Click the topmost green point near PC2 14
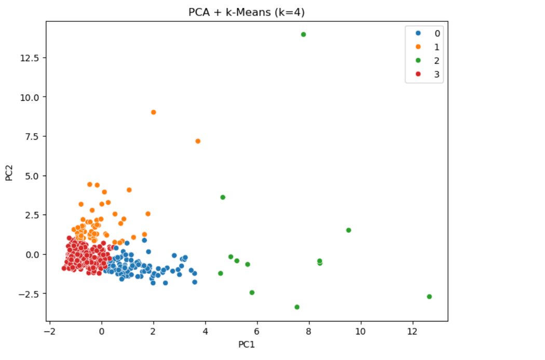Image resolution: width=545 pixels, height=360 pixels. pos(303,35)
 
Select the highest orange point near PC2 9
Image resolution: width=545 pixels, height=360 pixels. pos(153,112)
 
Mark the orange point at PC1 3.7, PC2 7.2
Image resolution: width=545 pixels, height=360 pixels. pos(198,141)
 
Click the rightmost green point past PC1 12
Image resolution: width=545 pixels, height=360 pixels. pos(429,297)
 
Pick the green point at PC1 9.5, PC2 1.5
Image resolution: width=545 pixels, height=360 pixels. pos(348,230)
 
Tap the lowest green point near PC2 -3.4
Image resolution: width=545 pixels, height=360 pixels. pos(297,307)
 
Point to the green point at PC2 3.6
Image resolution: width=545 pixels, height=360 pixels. pos(223,197)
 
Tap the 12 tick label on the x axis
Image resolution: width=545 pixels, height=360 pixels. pos(412,331)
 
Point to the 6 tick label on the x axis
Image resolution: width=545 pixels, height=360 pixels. pos(257,331)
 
